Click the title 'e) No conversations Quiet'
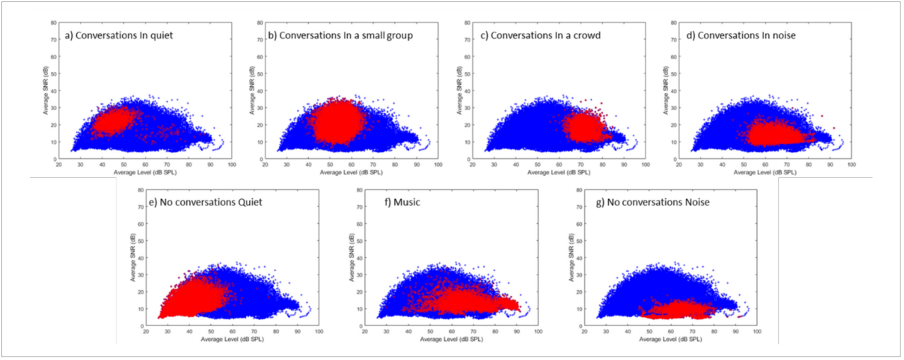click(x=201, y=202)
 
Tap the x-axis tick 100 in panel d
click(x=851, y=164)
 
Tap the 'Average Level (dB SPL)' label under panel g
click(x=667, y=340)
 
